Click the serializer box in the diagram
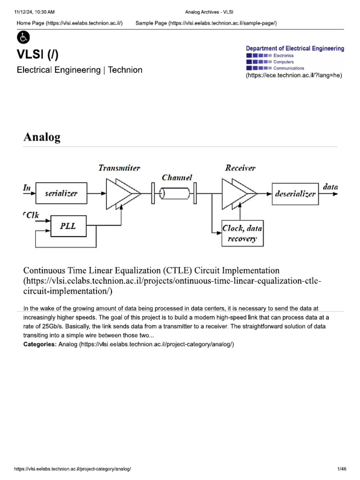tap(61, 193)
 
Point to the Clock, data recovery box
tap(243, 233)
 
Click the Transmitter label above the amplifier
tap(119, 168)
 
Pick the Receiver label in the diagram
tap(240, 168)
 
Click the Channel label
tap(177, 178)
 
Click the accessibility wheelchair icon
tap(23, 37)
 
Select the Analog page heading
tap(42, 137)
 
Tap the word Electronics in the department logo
tap(284, 56)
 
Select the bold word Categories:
tap(40, 345)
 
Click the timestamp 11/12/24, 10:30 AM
tap(35, 11)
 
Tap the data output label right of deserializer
tap(330, 187)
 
